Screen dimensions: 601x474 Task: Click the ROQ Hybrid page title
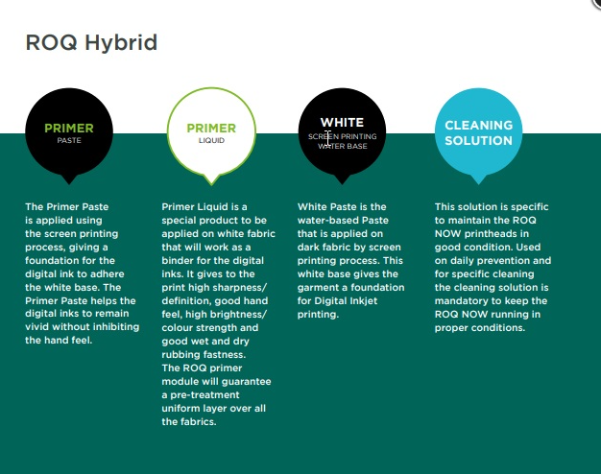click(91, 42)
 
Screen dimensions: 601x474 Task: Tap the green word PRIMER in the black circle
click(69, 128)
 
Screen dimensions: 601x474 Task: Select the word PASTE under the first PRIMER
click(69, 141)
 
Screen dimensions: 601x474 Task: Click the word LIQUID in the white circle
click(211, 141)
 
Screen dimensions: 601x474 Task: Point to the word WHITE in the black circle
click(343, 122)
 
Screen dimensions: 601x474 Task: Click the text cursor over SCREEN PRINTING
click(327, 138)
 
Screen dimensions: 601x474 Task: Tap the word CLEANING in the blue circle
click(479, 126)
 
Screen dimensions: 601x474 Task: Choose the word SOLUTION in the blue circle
click(479, 141)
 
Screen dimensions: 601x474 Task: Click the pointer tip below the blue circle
click(478, 184)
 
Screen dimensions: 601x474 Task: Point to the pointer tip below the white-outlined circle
click(211, 185)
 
